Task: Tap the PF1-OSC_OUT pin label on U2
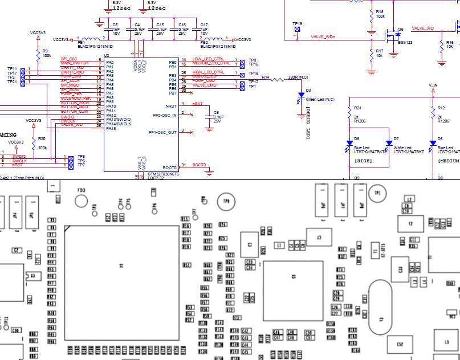(x=163, y=132)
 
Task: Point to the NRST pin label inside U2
(x=171, y=107)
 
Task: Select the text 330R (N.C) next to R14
(x=298, y=77)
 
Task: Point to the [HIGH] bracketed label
(x=363, y=161)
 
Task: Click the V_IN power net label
(x=433, y=85)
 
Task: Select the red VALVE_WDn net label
(x=323, y=36)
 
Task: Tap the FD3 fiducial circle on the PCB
(x=82, y=201)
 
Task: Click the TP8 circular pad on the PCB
(x=227, y=202)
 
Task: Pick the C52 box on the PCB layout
(x=400, y=344)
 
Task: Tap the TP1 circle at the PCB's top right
(x=376, y=194)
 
